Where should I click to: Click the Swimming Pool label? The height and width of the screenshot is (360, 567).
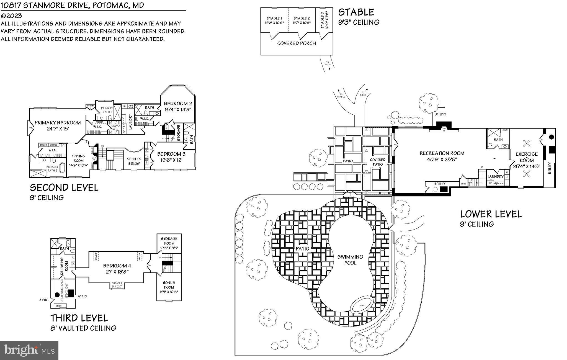(350, 260)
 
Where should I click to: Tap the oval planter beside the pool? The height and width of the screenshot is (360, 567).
(362, 305)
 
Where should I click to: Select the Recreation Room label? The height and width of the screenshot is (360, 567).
(442, 153)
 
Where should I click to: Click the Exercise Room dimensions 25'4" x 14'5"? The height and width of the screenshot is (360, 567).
(527, 166)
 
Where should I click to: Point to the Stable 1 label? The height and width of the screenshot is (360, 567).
(274, 18)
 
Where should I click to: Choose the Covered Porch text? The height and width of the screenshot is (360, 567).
(296, 43)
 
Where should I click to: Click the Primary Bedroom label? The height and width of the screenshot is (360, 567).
(58, 123)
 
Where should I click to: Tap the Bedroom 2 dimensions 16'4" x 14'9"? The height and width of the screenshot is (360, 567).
(178, 109)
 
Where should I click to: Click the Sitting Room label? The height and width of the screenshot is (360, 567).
(78, 158)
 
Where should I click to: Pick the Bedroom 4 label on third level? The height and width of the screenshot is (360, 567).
(117, 266)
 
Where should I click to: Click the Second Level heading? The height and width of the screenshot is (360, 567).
(64, 188)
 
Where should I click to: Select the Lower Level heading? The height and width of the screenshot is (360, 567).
(491, 214)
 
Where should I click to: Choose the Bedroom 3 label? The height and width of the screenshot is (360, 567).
(171, 154)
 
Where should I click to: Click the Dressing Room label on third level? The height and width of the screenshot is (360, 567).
(62, 266)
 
